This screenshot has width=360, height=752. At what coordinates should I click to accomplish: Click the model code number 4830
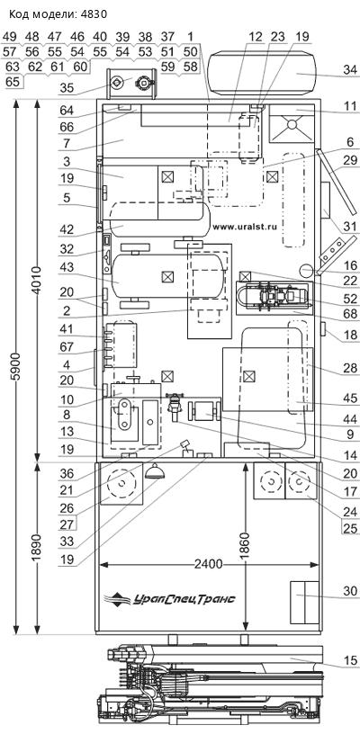[x=94, y=14]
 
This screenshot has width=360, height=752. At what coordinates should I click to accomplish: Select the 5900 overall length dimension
[x=16, y=367]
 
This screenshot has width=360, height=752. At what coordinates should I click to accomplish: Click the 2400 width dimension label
[x=210, y=564]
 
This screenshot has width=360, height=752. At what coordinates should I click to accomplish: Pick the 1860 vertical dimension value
[x=245, y=547]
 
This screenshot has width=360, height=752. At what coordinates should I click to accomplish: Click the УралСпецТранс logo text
[x=184, y=599]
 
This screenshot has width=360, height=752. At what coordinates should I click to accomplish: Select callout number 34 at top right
[x=351, y=70]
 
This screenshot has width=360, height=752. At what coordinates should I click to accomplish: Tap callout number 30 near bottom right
[x=351, y=591]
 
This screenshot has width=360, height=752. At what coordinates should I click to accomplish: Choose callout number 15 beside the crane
[x=351, y=661]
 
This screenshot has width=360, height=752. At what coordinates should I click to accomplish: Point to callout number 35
[x=67, y=88]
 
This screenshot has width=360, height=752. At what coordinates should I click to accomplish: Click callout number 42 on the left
[x=67, y=229]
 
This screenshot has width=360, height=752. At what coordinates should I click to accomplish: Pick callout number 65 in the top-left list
[x=13, y=82]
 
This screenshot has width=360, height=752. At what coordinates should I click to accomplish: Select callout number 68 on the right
[x=351, y=314]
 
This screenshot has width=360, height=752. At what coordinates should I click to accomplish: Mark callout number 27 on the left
[x=67, y=524]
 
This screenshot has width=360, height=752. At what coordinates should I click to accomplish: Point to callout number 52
[x=351, y=298]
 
